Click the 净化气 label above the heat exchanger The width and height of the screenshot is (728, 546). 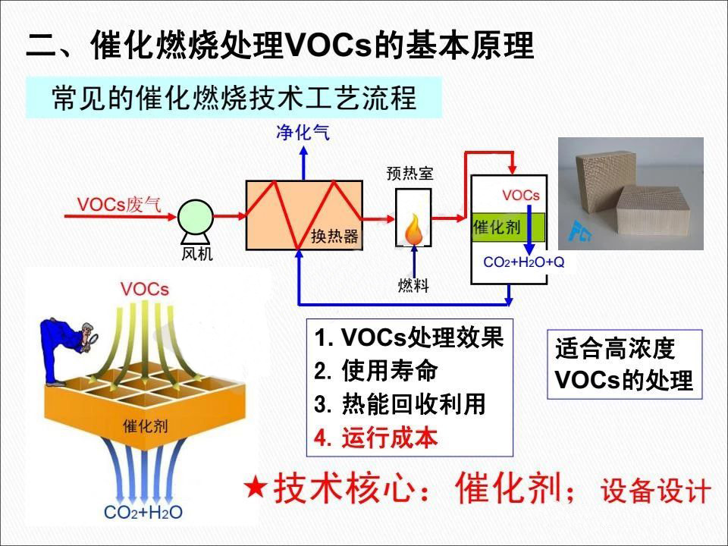pos(303,134)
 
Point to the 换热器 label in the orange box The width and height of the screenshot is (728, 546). pos(334,237)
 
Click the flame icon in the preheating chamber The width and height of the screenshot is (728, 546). pos(413,228)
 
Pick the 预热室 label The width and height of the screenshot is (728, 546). pos(410,174)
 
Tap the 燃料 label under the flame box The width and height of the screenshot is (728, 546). pos(413,285)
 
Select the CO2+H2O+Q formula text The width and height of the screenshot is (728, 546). pos(524,262)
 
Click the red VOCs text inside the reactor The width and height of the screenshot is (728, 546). pos(521,196)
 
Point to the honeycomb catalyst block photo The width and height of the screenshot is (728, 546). pos(631,193)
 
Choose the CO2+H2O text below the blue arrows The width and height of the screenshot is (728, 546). pos(143,513)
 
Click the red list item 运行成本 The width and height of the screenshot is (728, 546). pos(375,438)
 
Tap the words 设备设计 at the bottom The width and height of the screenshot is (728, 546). pos(656,491)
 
